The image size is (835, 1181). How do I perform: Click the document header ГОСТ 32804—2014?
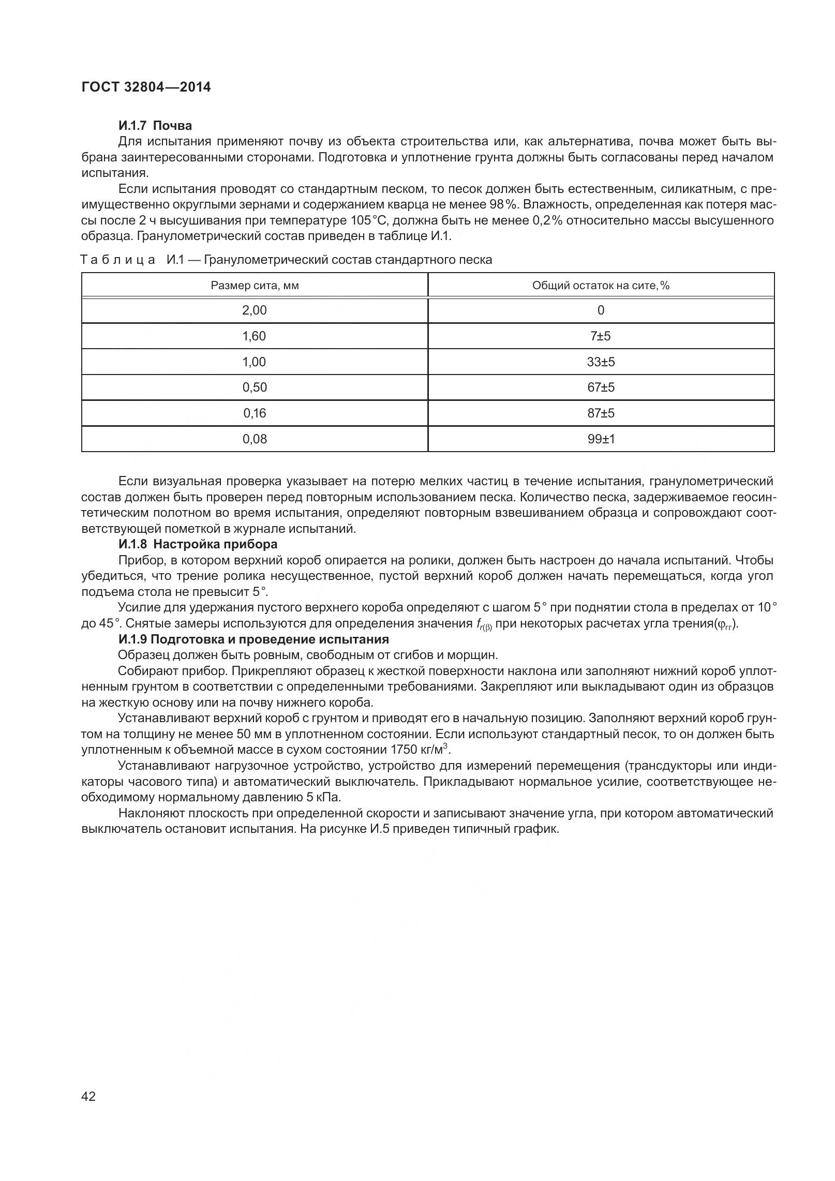pos(146,87)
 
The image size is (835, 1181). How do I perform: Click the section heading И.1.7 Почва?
pos(155,126)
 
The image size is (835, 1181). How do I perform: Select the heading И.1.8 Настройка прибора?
pos(198,544)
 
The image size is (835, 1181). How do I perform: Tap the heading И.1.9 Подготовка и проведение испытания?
pos(254,639)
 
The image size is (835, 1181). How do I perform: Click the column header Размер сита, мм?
pos(255,286)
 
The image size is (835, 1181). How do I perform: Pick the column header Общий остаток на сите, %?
pos(601,286)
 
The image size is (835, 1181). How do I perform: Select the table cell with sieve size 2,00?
pos(255,310)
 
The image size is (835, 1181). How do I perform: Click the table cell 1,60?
pos(255,336)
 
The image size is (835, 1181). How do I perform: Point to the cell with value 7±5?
pos(601,336)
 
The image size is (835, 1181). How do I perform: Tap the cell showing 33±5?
pos(601,362)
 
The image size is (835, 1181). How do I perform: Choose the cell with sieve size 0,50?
pos(255,387)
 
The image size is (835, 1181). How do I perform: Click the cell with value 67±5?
pos(601,387)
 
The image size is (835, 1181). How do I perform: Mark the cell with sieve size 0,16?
pos(255,413)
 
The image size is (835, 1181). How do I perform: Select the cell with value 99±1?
pos(601,439)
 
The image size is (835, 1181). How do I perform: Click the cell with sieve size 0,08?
pos(255,439)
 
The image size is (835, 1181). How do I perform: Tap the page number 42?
pos(88,1111)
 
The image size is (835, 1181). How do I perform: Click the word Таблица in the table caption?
pos(118,260)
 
